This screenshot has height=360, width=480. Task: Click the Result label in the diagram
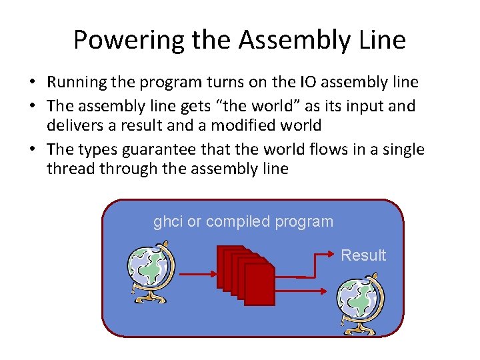[363, 255]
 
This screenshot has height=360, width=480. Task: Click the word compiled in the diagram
[236, 221]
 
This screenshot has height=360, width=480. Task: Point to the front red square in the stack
[259, 284]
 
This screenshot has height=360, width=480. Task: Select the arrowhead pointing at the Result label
[331, 254]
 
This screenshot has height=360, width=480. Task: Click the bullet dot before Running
[31, 83]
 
